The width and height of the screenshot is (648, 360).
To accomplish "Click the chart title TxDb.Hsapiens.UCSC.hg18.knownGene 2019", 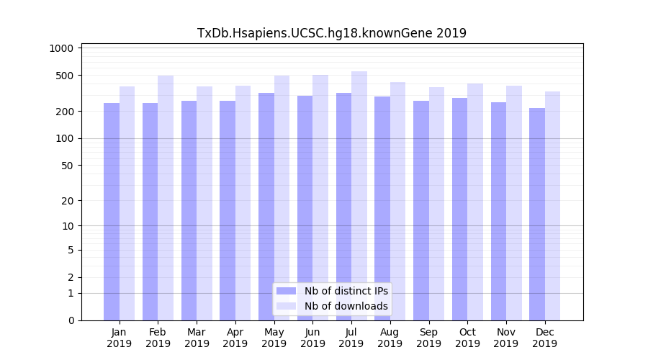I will (332, 33).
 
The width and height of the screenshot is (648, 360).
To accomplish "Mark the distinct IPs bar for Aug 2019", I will (382, 208).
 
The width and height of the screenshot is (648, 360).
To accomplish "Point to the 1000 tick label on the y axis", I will (62, 48).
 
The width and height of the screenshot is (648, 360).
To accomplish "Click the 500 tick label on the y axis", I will (65, 76).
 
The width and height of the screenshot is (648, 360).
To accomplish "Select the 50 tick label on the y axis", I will (67, 166).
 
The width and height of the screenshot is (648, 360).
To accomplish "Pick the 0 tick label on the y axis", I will (71, 320).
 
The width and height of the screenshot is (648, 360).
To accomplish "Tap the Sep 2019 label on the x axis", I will (428, 338).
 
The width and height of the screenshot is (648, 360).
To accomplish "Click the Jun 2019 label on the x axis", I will (312, 338).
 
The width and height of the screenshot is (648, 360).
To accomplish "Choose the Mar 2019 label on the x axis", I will (197, 338).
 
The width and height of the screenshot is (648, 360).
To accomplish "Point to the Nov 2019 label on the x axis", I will (506, 338).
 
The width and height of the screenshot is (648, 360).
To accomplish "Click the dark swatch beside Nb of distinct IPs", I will (287, 291).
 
